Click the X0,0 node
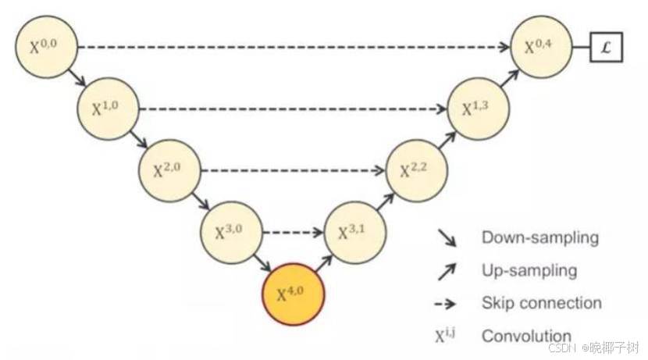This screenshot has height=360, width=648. pos(45,46)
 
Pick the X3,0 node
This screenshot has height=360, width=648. pos(231,233)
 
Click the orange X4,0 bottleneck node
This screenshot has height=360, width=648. pos(293,294)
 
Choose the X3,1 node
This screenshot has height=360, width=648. pos(354,233)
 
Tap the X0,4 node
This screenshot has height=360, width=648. pos(540,46)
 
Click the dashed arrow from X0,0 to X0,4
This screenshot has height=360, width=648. pos(293,47)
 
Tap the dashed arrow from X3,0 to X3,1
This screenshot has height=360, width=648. pos(293,233)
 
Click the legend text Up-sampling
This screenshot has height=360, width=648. pos(529,270)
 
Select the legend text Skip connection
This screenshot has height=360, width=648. pos(541,303)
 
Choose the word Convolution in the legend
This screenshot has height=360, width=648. pos(526,336)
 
